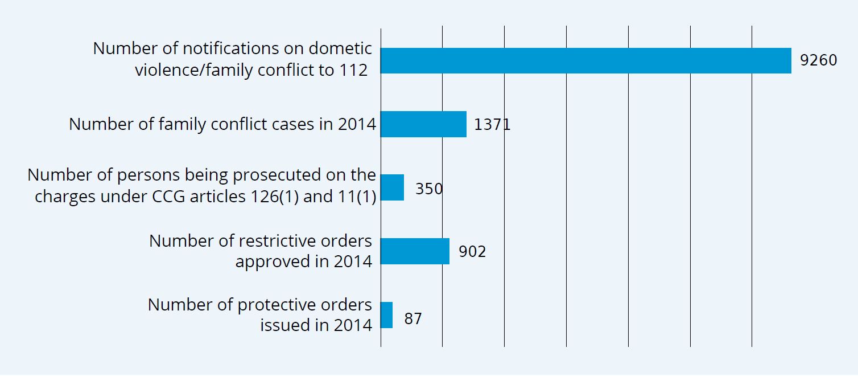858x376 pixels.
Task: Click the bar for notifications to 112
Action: (585, 61)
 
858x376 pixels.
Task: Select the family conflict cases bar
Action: (423, 124)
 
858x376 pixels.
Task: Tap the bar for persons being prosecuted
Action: (392, 187)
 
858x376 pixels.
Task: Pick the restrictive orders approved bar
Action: (415, 251)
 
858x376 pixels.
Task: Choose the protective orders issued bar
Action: (386, 315)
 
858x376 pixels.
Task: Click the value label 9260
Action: (818, 60)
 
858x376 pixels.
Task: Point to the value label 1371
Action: (492, 125)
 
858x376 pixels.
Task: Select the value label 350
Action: (429, 189)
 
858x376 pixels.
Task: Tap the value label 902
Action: (472, 252)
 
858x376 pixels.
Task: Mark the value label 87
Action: (413, 318)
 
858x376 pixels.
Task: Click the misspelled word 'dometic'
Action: (343, 49)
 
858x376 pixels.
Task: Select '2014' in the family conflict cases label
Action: (357, 124)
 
